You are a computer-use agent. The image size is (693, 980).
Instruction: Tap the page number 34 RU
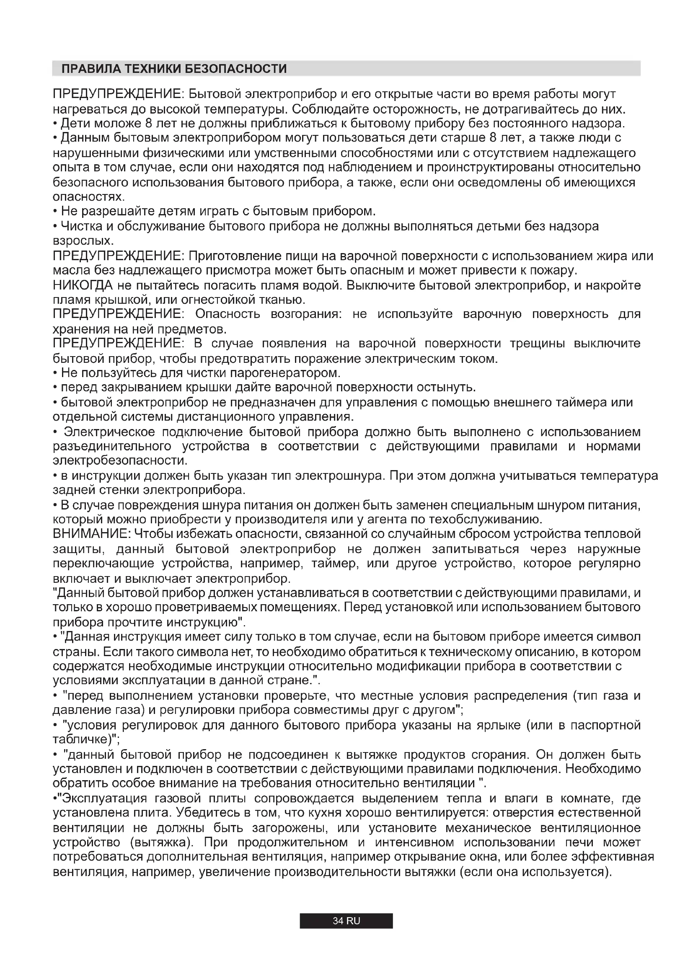pyautogui.click(x=346, y=921)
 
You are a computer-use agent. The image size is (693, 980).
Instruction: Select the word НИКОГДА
pyautogui.click(x=83, y=285)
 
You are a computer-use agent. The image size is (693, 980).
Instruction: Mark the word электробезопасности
pyautogui.click(x=120, y=461)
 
